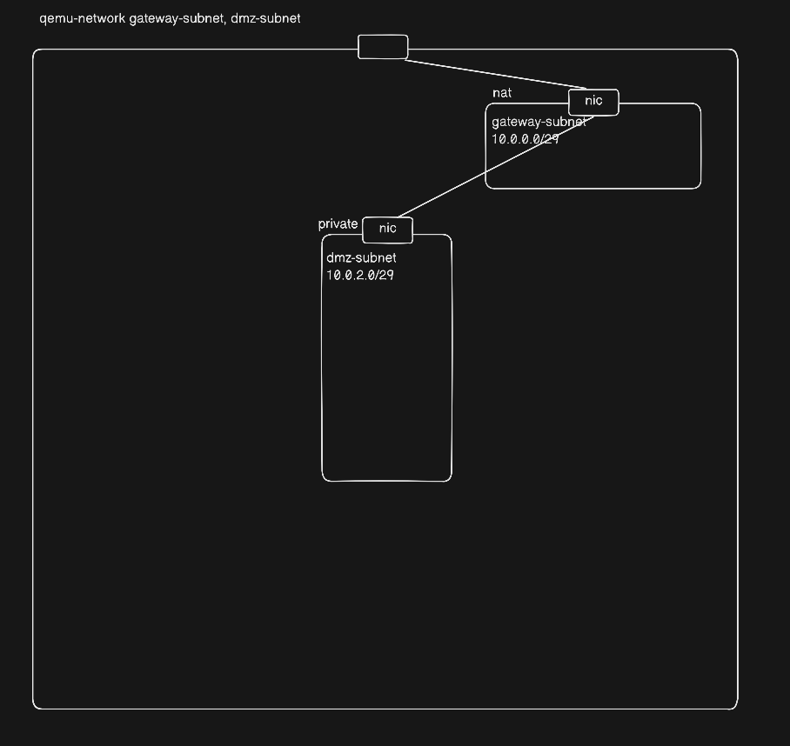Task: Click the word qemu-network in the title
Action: [x=83, y=18]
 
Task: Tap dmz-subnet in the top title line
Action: [x=265, y=18]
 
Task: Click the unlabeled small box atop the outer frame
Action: [x=383, y=47]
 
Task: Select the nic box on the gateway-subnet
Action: [x=593, y=102]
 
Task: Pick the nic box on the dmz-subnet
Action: [x=387, y=229]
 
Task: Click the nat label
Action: [x=502, y=93]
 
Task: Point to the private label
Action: [x=338, y=224]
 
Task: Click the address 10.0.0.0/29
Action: [x=526, y=138]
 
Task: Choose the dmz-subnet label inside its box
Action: [x=361, y=257]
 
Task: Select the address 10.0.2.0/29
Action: [x=360, y=275]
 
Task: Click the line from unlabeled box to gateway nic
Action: [x=487, y=74]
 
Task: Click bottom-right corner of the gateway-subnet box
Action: [x=699, y=186]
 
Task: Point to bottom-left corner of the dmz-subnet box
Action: [x=324, y=478]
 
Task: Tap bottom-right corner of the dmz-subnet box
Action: [x=450, y=478]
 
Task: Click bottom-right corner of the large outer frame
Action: [x=736, y=707]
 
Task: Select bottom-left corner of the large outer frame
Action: [x=35, y=707]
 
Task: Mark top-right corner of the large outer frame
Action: [x=736, y=51]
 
